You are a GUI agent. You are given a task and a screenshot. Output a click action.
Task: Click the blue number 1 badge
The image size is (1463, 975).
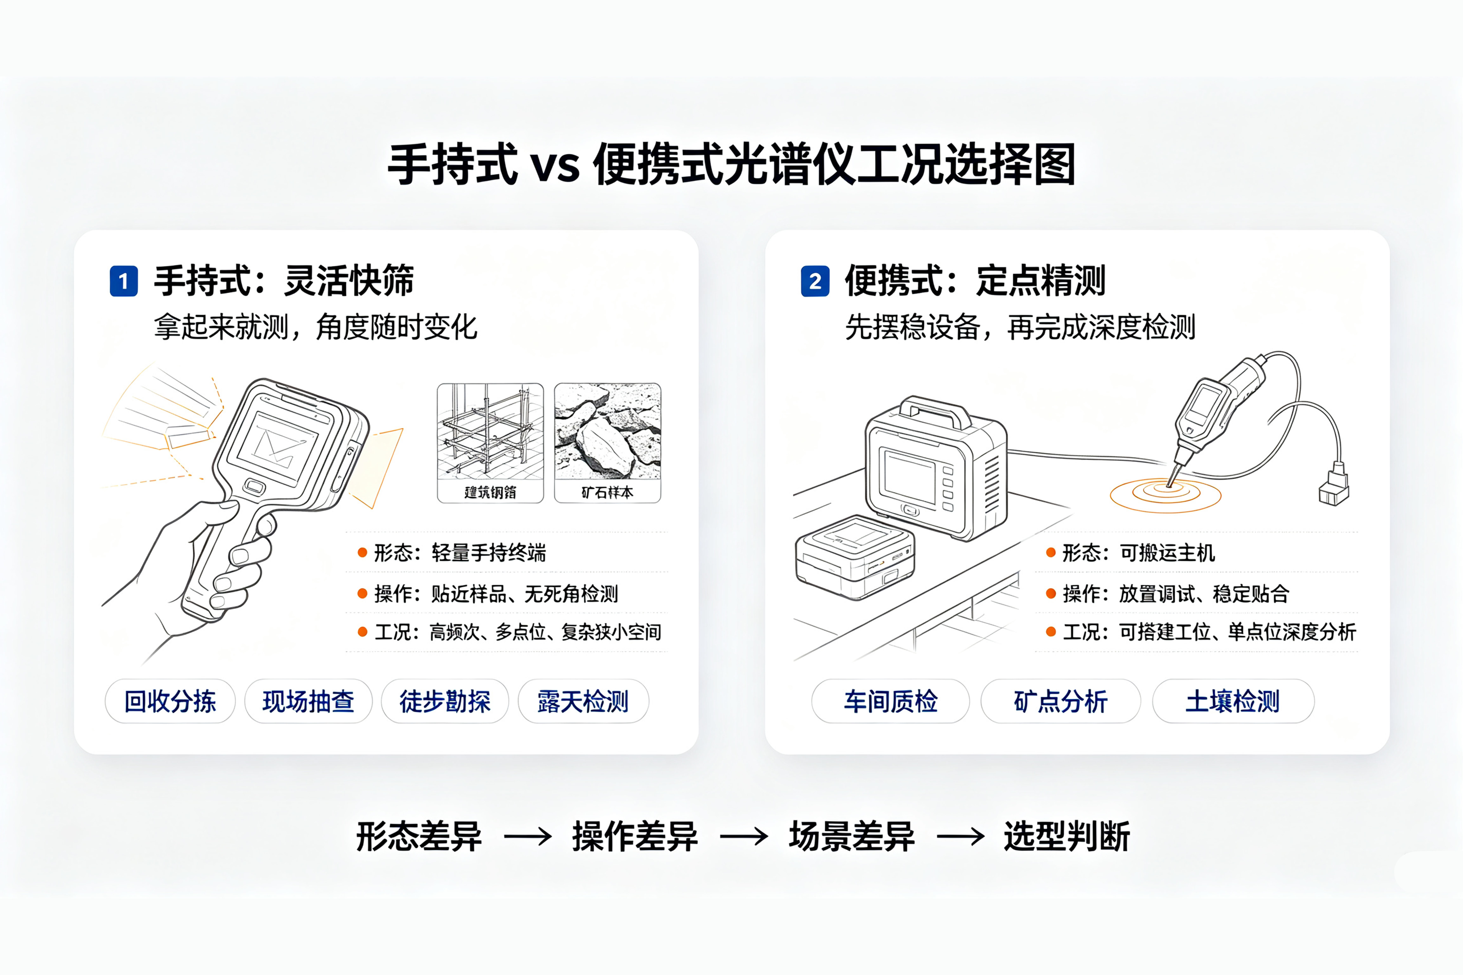(124, 281)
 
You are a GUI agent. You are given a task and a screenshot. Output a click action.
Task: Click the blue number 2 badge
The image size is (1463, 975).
(815, 281)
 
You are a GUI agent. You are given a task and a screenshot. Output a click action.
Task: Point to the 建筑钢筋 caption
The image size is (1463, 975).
(490, 492)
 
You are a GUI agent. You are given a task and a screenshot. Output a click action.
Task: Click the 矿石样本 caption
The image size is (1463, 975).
(608, 492)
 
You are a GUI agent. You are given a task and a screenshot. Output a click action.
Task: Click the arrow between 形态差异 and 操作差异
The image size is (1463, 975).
(528, 836)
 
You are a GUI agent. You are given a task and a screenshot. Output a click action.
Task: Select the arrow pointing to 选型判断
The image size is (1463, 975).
(961, 836)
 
